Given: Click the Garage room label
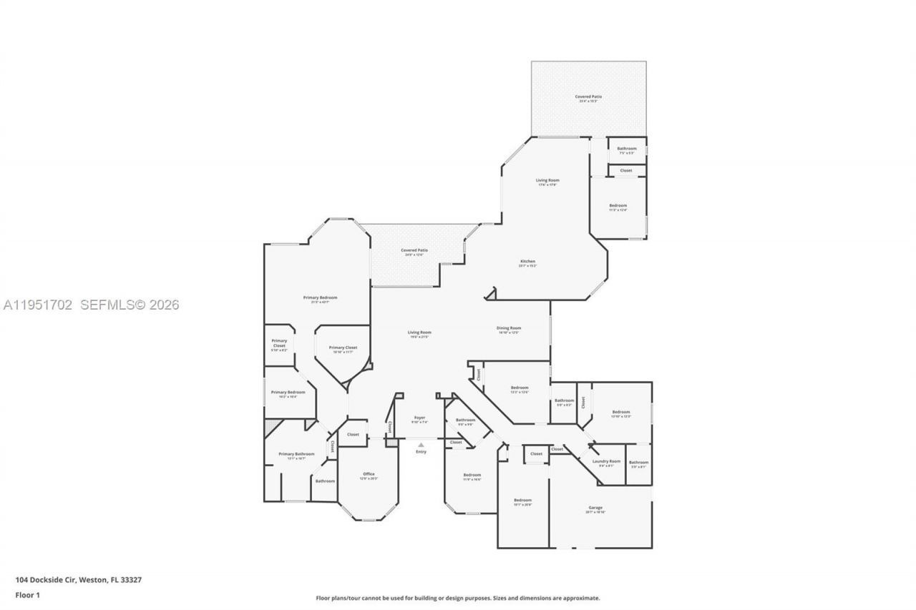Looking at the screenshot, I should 595,508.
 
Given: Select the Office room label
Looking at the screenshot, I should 369,474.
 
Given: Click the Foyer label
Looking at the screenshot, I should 419,418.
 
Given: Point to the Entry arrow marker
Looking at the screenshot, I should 421,445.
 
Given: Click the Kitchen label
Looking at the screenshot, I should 527,262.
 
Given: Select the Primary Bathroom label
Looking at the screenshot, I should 296,454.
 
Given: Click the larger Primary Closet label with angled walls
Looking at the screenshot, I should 342,348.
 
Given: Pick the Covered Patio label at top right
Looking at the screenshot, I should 588,97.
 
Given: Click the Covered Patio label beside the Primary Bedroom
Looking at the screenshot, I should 414,250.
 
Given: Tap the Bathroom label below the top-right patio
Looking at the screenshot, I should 626,149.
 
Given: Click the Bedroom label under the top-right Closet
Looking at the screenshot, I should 618,206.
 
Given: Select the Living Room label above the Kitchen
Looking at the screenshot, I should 547,180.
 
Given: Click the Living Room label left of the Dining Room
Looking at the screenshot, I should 419,333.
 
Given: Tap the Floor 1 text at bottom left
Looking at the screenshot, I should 27,595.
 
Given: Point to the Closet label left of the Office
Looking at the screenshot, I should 353,434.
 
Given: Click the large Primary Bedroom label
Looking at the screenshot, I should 319,297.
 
